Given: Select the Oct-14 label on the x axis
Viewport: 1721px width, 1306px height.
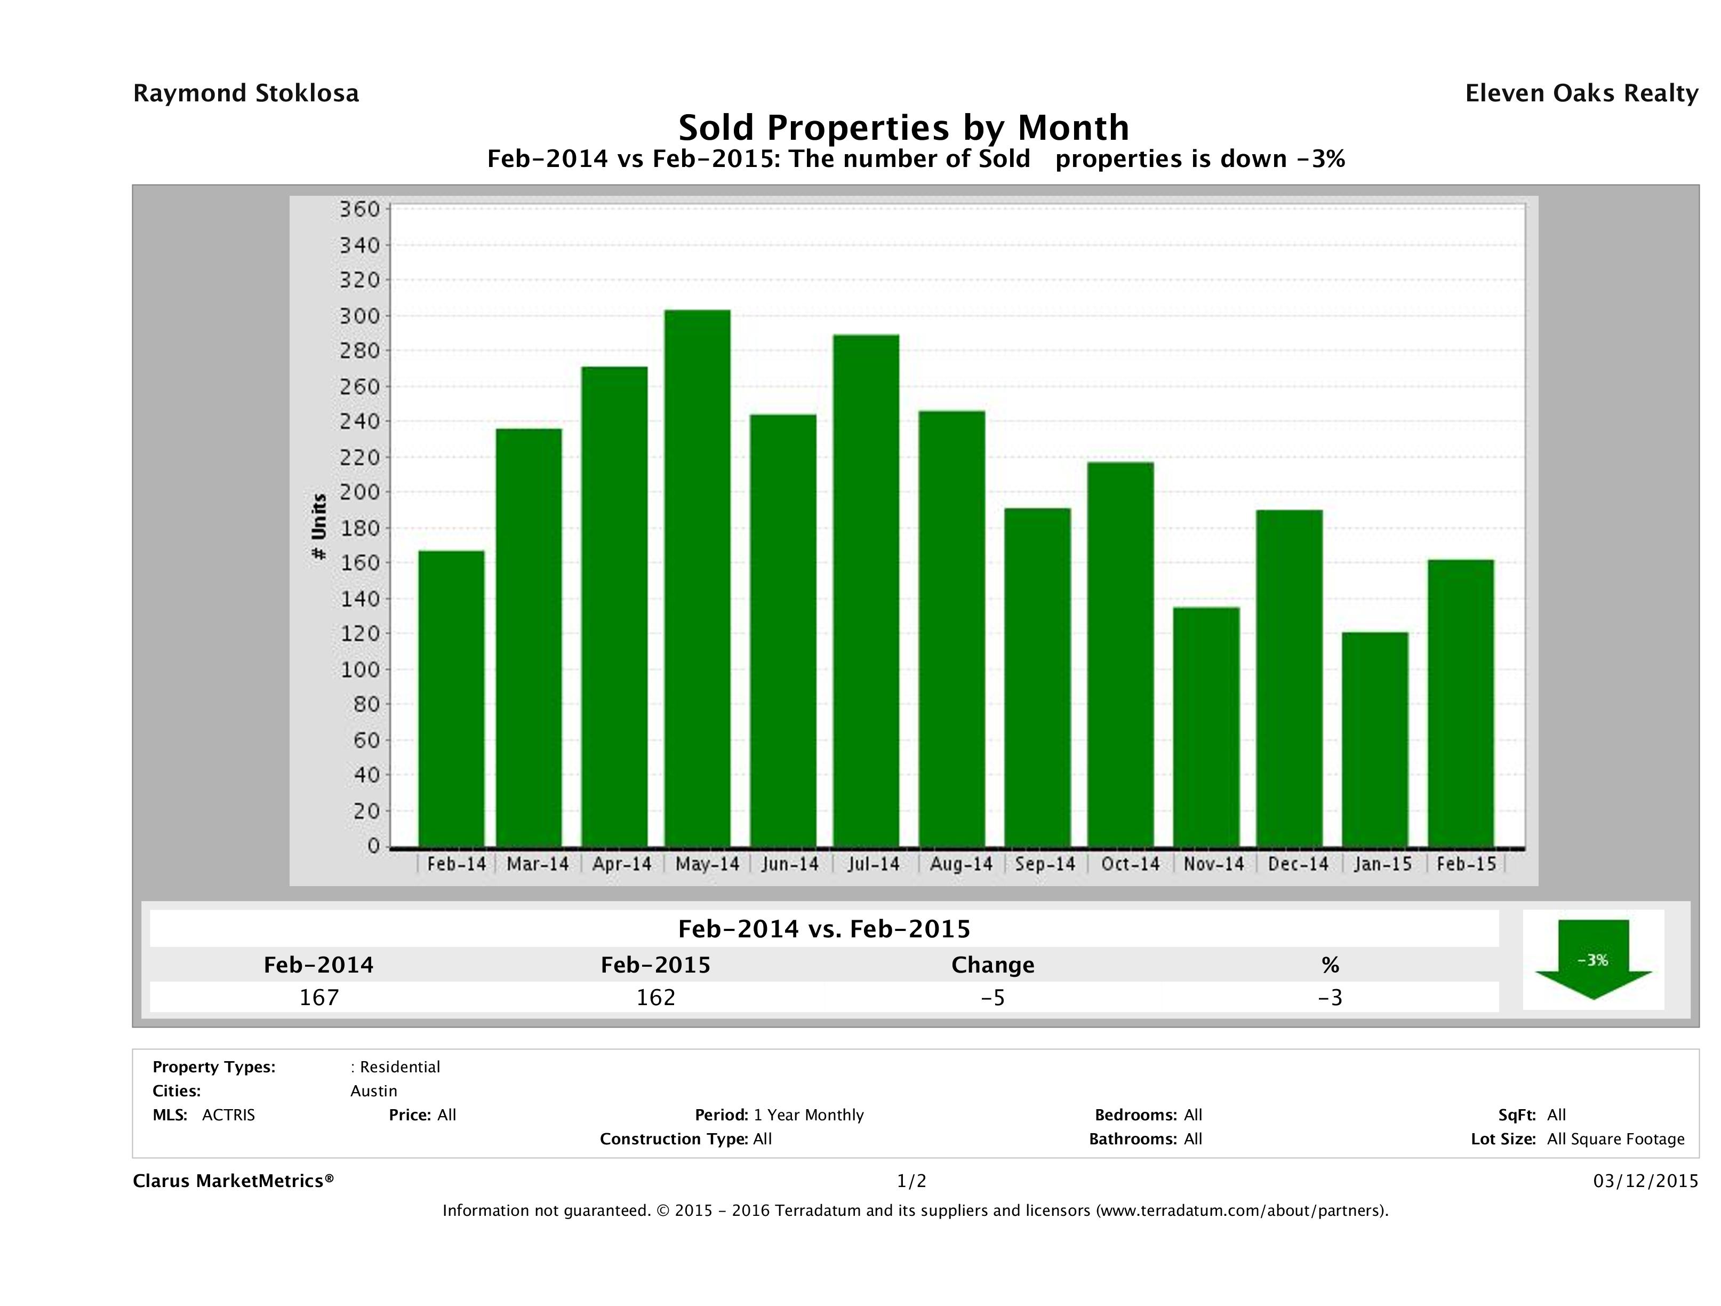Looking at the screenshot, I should pos(1130,864).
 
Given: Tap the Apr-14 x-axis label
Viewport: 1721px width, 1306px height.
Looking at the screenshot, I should pos(621,864).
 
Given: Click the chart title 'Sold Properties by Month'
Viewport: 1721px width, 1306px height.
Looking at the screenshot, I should pos(903,127).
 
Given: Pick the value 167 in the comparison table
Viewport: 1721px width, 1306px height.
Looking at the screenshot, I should pos(319,997).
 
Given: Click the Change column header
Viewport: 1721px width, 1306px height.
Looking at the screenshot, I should pos(993,965).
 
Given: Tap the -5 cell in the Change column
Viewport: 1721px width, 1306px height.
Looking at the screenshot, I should pos(993,997).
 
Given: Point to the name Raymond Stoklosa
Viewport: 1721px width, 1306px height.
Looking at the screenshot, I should pos(246,93).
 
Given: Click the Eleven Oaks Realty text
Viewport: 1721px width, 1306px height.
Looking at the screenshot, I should pos(1581,93).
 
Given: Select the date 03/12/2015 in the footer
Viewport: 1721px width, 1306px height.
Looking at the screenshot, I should pos(1645,1181).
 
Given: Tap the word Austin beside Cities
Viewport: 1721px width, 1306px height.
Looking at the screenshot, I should pos(373,1091).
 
